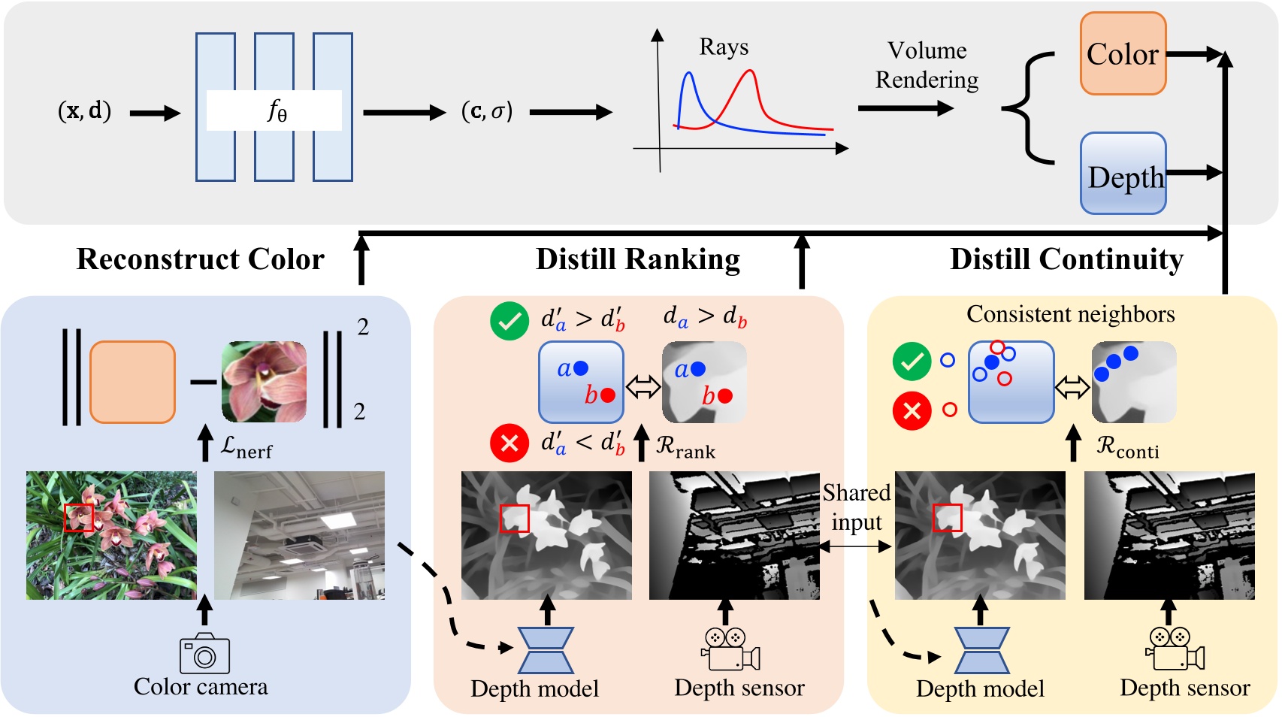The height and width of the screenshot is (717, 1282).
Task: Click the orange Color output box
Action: point(1123,53)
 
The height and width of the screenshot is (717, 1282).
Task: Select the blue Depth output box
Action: point(1123,174)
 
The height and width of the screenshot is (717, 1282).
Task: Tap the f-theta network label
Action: point(276,110)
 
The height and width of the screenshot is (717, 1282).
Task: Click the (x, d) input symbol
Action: point(84,111)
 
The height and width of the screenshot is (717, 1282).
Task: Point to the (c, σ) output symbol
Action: point(486,111)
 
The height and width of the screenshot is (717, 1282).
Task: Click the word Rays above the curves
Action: point(723,47)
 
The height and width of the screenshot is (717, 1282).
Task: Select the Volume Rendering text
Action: point(927,65)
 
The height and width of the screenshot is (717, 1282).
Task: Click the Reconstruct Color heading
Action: point(200,259)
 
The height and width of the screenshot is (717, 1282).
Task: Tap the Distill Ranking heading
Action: point(637,259)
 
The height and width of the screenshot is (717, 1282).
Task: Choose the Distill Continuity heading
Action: point(1066,259)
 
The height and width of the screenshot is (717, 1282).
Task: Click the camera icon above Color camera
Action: point(204,654)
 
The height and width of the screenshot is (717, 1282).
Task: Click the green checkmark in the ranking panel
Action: point(509,321)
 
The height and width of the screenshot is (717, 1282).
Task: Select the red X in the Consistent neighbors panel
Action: point(912,411)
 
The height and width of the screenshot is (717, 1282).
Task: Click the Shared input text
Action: point(856,507)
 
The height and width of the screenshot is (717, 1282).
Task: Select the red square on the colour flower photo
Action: point(78,518)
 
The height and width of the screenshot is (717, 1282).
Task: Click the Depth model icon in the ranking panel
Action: point(546,650)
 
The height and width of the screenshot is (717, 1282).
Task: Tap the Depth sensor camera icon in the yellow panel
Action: point(1175,649)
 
